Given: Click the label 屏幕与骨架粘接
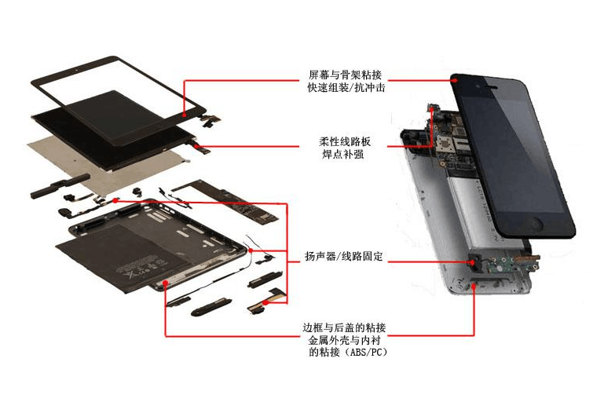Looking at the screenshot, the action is pos(345,75).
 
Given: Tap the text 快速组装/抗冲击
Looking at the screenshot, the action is pos(346,87).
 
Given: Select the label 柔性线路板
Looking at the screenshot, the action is pos(344,141).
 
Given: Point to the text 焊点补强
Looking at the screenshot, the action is pos(342,154).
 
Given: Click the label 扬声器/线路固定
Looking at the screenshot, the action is pos(344,257).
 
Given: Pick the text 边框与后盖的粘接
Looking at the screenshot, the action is pos(344,327).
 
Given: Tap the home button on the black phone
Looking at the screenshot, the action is pos(536,224).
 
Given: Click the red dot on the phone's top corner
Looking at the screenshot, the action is pos(455,80).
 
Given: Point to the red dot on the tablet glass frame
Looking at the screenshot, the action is pos(185,115).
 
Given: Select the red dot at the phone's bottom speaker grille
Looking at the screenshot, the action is pos(474,287).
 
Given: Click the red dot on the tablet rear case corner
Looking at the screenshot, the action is pos(166,283).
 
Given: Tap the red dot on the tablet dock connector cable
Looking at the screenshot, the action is pos(265,303).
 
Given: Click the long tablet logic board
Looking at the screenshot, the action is pos(226,201).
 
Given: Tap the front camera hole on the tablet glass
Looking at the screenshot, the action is pos(76,70).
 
